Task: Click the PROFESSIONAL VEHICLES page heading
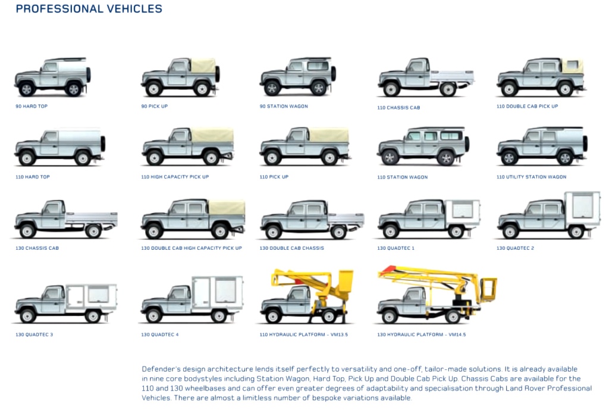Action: [x=89, y=9]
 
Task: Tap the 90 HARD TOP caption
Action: [x=32, y=106]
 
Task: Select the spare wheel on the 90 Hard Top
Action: [x=89, y=74]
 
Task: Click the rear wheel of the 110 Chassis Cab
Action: [x=447, y=89]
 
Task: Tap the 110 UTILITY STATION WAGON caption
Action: [x=531, y=177]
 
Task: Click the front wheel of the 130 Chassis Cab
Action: [x=27, y=231]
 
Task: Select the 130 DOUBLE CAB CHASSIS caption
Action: [x=291, y=248]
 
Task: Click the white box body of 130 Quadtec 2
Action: [x=582, y=209]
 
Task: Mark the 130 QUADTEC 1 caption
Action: [x=395, y=248]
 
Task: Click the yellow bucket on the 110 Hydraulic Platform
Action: [x=344, y=281]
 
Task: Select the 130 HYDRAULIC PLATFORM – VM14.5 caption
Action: [x=421, y=334]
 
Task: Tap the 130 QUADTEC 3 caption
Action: [x=34, y=334]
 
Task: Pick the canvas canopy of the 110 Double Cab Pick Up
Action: [x=572, y=65]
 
